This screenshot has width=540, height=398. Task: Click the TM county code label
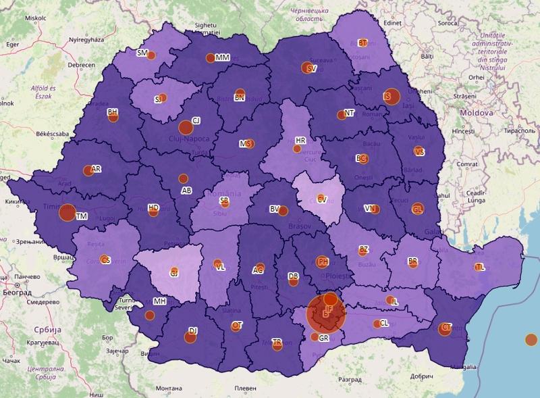tap(82, 216)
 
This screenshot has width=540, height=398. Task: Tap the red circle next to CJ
tap(186, 126)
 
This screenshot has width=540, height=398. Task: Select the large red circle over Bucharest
tap(325, 314)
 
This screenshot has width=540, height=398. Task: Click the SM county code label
tap(142, 53)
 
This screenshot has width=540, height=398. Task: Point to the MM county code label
tap(223, 58)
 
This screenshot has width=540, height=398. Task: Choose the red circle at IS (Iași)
tap(391, 97)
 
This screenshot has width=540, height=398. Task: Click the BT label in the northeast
tap(362, 43)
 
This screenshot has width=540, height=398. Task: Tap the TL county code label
tap(480, 267)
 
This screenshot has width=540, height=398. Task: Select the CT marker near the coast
tap(445, 328)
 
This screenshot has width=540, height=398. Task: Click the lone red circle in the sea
tap(531, 339)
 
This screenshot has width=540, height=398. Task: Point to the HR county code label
tap(301, 141)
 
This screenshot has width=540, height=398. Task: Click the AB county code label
tap(186, 191)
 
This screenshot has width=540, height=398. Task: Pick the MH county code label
tap(160, 301)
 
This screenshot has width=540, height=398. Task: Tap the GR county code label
tap(323, 338)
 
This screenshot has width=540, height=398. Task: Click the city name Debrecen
tap(80, 65)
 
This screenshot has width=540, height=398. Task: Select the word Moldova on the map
tap(475, 113)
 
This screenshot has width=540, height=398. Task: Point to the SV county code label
tap(311, 68)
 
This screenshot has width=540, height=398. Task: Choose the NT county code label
tap(349, 114)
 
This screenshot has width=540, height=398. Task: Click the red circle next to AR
tap(88, 170)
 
